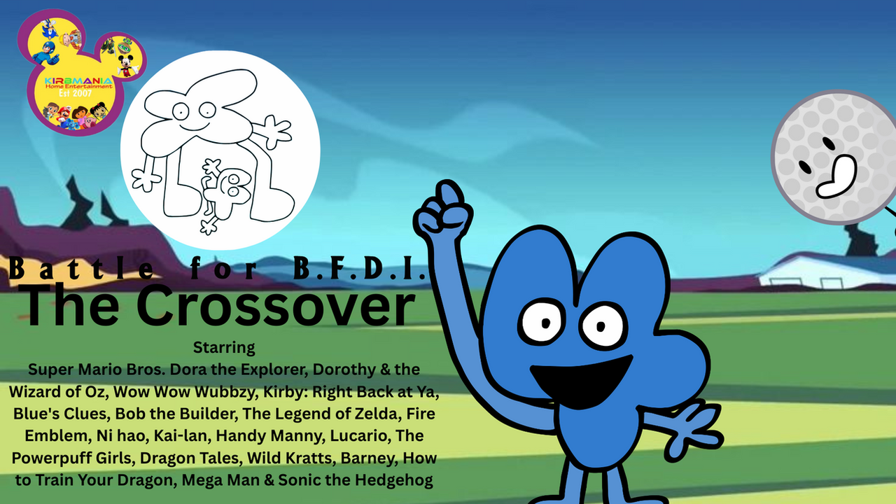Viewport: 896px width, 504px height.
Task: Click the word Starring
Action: (224, 348)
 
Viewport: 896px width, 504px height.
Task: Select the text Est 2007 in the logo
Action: (75, 94)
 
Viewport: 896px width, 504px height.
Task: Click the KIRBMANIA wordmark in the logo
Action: (78, 81)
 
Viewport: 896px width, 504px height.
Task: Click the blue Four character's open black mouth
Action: (581, 380)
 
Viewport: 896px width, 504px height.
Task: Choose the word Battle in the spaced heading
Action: (80, 268)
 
